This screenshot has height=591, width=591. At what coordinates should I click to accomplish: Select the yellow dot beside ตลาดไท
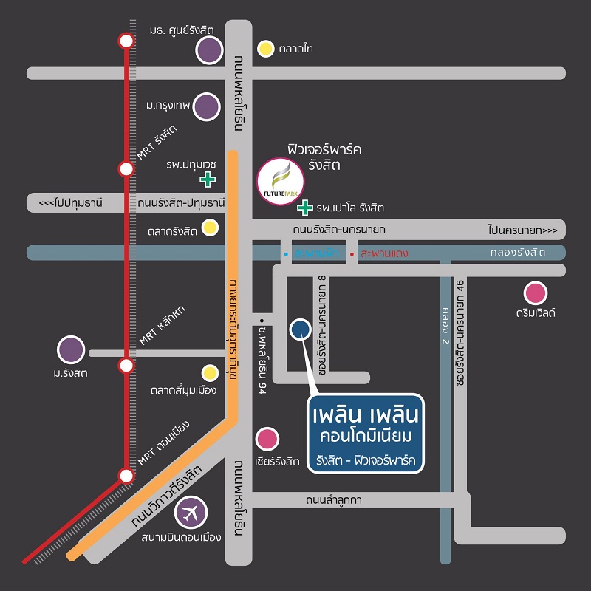pos(265,49)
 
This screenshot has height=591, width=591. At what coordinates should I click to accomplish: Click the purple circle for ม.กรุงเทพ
pos(208,106)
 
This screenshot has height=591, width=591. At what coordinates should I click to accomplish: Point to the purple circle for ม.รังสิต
pos(71,350)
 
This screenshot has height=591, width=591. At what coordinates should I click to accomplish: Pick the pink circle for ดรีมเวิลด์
pos(536,293)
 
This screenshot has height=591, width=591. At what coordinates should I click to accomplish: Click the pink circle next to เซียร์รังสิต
pos(267,440)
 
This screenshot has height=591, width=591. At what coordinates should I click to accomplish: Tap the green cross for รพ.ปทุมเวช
pos(208,179)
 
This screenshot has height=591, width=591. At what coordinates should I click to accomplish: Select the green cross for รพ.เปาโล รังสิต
pos(304,207)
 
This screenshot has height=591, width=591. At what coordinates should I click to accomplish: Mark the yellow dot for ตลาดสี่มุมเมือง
pos(211,372)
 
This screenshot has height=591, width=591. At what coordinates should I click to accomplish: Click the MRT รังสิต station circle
pos(126,169)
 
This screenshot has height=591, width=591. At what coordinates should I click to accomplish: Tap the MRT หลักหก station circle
pos(126,365)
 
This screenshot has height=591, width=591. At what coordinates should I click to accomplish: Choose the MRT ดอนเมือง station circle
pos(126,474)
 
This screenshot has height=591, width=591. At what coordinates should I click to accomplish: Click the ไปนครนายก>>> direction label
pos(522,230)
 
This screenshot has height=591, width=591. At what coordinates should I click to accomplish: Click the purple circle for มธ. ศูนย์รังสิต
pos(210,50)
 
